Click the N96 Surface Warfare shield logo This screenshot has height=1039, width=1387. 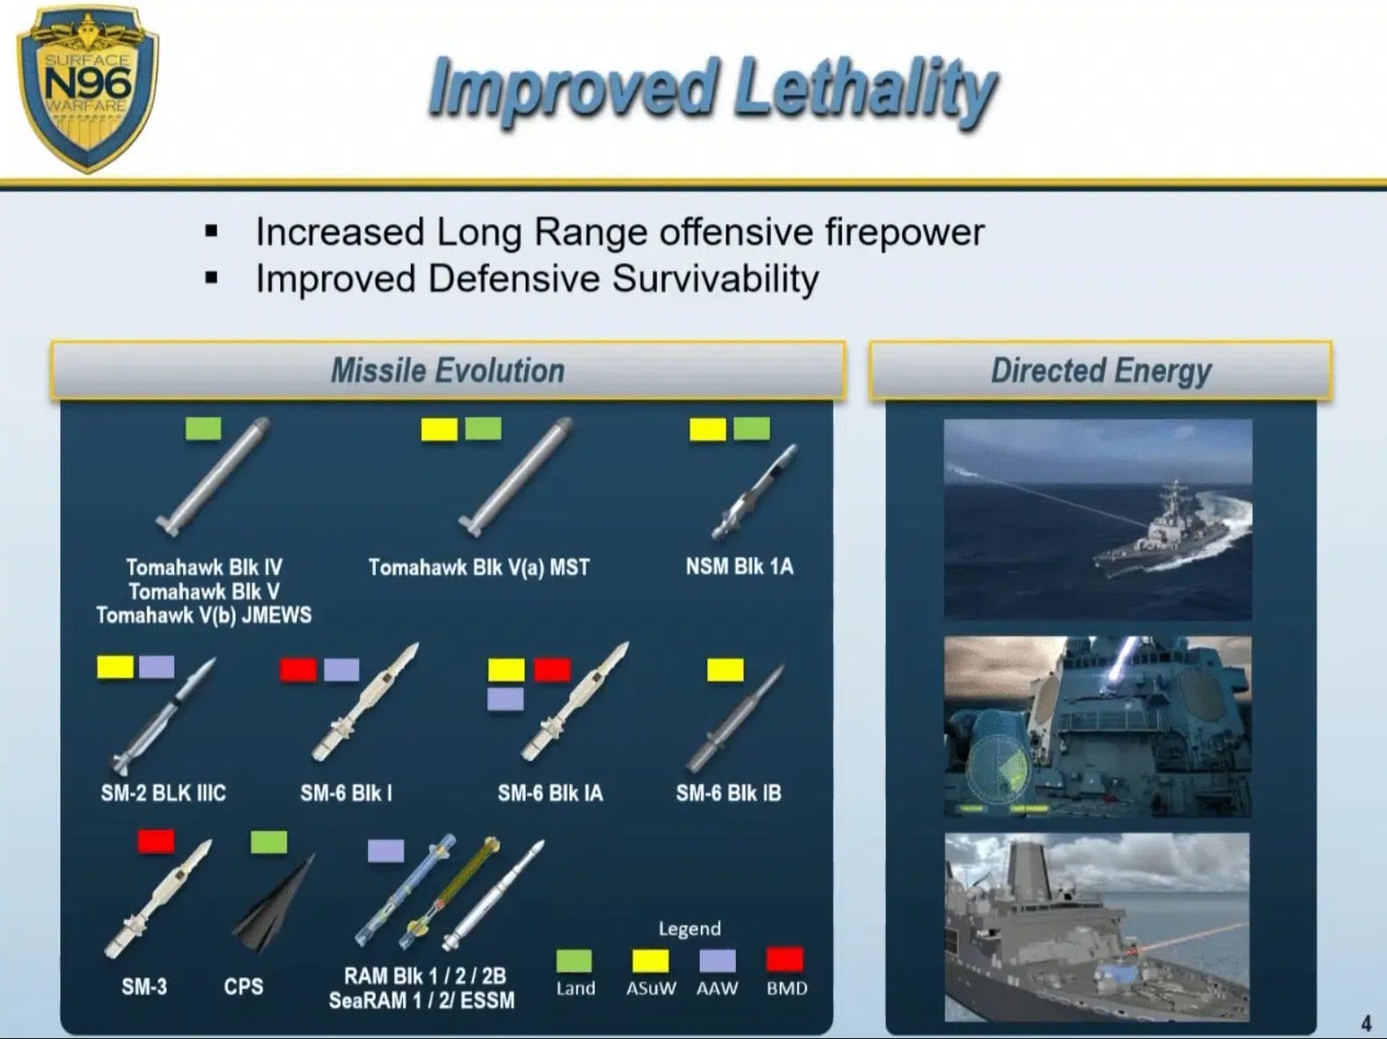pyautogui.click(x=88, y=88)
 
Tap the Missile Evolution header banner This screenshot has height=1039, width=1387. pyautogui.click(x=448, y=370)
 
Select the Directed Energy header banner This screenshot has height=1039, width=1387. pyautogui.click(x=1100, y=370)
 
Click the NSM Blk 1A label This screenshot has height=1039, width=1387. pyautogui.click(x=739, y=566)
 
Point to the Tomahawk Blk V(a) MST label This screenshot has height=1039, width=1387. pyautogui.click(x=479, y=567)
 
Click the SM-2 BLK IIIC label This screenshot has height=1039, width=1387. pyautogui.click(x=163, y=793)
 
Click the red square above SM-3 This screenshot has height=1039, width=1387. pyautogui.click(x=156, y=841)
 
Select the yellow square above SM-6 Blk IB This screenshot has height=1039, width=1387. pyautogui.click(x=725, y=669)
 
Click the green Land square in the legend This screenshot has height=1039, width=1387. pyautogui.click(x=575, y=961)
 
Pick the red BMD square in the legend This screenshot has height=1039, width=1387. pyautogui.click(x=785, y=958)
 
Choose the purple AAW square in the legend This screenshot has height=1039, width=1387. pyautogui.click(x=718, y=961)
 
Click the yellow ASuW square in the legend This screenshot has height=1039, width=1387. pyautogui.click(x=651, y=961)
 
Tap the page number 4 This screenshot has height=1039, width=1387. pyautogui.click(x=1366, y=1022)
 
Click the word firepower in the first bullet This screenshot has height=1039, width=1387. pyautogui.click(x=904, y=232)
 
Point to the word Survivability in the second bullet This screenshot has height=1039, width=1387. pyautogui.click(x=715, y=279)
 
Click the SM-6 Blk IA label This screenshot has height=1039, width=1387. pyautogui.click(x=549, y=793)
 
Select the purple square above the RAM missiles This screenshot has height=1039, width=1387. pyautogui.click(x=386, y=850)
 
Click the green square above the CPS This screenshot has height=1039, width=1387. pyautogui.click(x=269, y=842)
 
